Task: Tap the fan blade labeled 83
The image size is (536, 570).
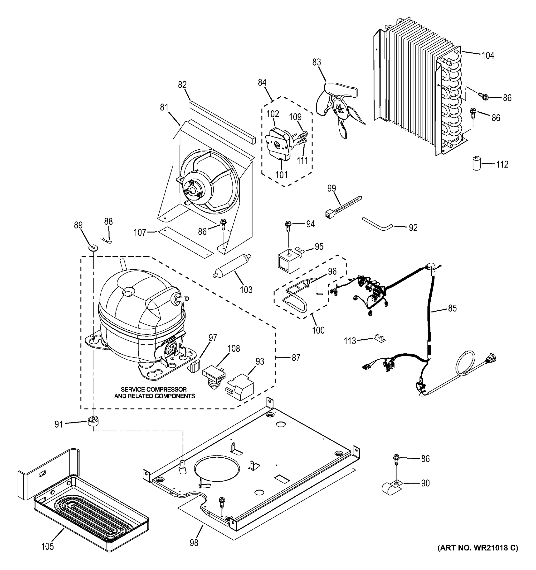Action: tap(339, 109)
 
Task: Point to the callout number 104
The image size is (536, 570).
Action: tap(488, 55)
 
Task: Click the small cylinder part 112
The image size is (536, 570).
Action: tap(477, 163)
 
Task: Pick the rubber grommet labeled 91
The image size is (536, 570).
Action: tap(93, 422)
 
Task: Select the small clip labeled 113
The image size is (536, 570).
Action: tap(379, 338)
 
